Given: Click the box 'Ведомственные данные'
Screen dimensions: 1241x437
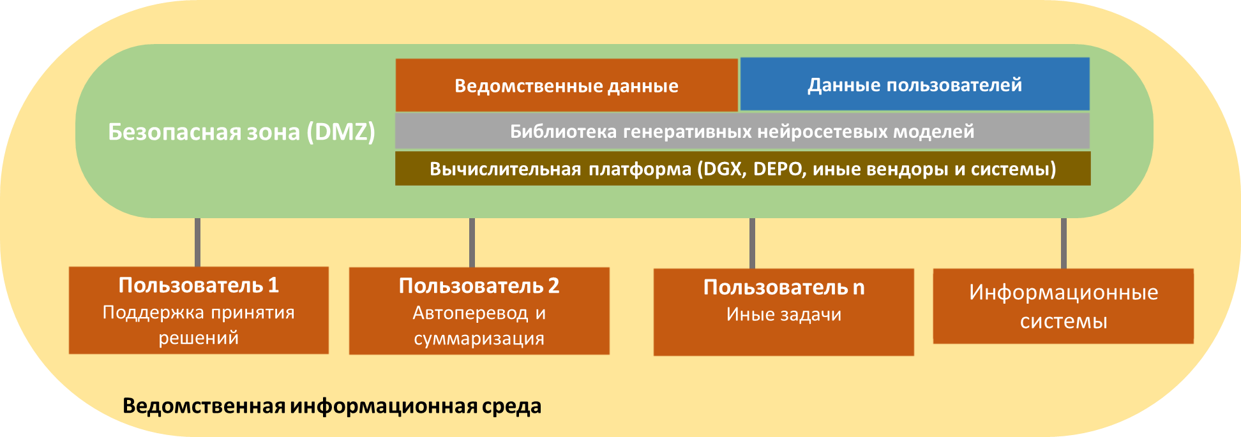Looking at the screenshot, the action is [566, 85].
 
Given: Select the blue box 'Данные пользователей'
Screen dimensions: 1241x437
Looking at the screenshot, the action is [915, 84].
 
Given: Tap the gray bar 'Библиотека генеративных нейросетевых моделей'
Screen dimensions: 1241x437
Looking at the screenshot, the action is [742, 131].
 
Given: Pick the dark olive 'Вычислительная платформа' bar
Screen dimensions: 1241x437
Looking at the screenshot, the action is [742, 168].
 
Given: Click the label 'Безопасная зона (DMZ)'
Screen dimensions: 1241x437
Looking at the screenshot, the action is [241, 131].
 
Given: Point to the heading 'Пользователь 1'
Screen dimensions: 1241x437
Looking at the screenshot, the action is [199, 285].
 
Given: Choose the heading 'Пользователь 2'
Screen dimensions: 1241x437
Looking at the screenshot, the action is [479, 286].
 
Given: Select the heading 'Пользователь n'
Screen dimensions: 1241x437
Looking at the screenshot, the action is [784, 288].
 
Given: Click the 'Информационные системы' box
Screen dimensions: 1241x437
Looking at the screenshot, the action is [1064, 306].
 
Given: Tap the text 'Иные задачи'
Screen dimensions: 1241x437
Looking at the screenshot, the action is [784, 315].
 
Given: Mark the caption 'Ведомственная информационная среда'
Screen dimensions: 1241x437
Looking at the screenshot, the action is [332, 406].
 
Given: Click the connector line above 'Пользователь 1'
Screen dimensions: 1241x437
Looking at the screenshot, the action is [197, 242].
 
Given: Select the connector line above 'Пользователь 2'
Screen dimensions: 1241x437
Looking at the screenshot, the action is [472, 242].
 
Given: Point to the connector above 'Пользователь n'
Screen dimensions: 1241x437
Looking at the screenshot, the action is [752, 243].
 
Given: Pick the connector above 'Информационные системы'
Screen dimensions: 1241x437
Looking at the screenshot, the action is [1064, 243].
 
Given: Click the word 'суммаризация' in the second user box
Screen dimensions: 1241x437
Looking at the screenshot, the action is [479, 339].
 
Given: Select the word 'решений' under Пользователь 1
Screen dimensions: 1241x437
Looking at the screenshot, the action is [199, 338].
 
